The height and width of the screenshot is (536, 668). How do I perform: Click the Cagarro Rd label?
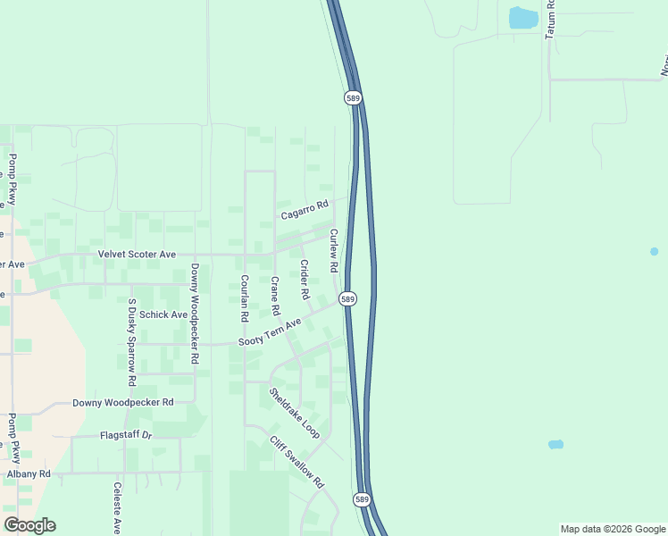305,210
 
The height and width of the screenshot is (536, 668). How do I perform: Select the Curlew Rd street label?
334,251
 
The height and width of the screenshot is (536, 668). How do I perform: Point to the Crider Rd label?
305,280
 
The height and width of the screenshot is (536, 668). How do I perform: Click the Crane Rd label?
275,297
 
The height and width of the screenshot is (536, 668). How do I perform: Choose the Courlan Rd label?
244,297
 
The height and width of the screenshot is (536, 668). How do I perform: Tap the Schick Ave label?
163,314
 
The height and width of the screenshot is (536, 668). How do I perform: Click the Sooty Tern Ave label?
271,335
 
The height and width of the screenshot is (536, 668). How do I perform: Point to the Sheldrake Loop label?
295,411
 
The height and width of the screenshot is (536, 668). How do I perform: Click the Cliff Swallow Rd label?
296,460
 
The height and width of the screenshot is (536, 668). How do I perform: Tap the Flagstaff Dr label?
127,436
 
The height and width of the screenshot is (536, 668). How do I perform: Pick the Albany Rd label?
29,473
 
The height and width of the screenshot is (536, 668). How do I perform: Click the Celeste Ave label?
117,508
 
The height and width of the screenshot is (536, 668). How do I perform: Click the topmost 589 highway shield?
354,97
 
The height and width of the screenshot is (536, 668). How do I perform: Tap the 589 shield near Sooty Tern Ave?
348,299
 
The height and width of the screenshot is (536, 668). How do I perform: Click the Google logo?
29,525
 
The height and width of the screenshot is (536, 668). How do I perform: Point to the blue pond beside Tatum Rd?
522,17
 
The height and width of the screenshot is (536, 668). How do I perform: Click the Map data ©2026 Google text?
612,529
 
